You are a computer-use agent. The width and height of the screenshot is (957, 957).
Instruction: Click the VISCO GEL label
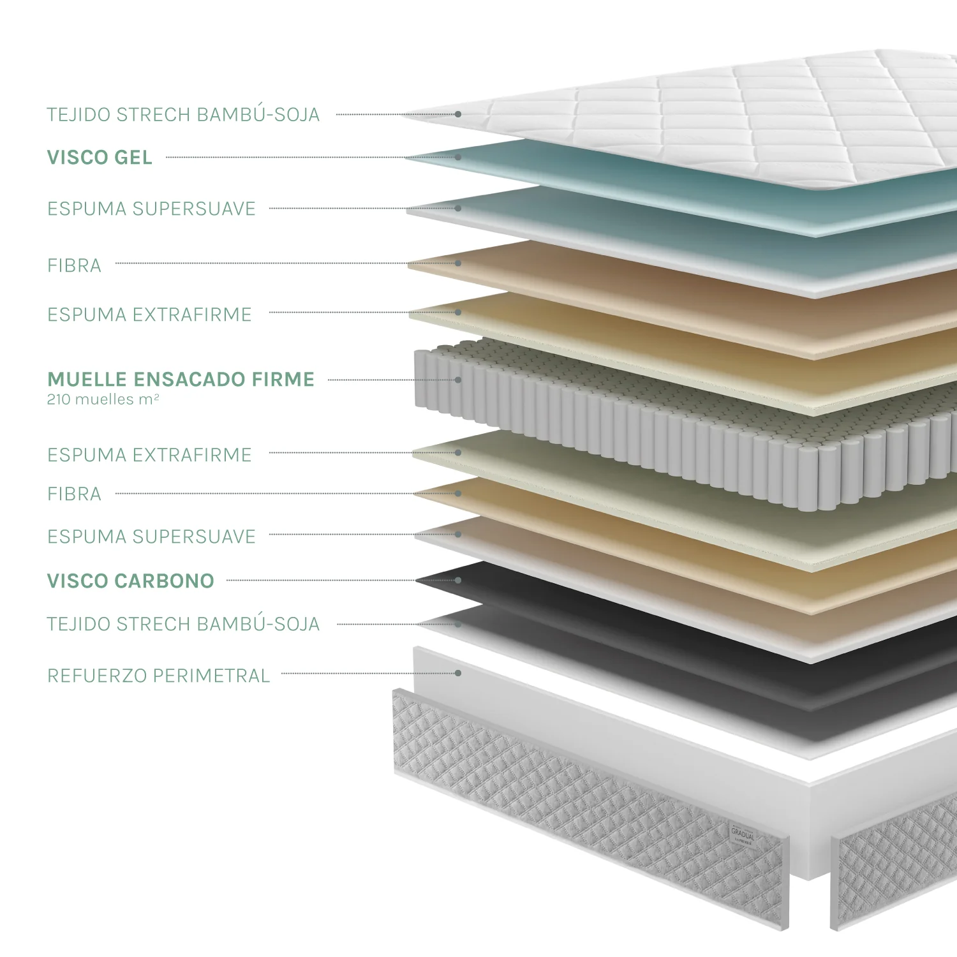(100, 158)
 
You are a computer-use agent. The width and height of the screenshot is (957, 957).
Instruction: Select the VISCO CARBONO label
(131, 581)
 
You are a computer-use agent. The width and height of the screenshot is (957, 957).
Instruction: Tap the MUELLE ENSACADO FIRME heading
(181, 380)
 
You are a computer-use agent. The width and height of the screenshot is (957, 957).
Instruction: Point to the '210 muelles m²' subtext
(103, 400)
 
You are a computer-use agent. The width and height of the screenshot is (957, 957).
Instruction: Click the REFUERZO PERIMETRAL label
(159, 676)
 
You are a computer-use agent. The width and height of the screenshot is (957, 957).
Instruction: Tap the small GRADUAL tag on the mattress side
(743, 834)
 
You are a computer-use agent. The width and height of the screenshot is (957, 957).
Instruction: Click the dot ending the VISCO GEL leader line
(458, 157)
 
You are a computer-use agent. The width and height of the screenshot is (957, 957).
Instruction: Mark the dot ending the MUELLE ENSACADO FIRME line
(458, 380)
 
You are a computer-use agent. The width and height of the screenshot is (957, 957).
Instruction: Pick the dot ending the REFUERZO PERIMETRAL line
(458, 673)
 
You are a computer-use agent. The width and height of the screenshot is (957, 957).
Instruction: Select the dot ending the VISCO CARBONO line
(458, 580)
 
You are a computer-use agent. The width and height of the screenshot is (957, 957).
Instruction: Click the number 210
(59, 400)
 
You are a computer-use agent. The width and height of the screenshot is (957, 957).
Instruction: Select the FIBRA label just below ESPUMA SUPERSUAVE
(74, 265)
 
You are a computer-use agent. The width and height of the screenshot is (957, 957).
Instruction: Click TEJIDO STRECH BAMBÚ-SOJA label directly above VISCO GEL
(183, 114)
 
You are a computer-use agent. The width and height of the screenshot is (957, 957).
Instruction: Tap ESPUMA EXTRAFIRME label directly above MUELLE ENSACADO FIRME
(149, 315)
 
